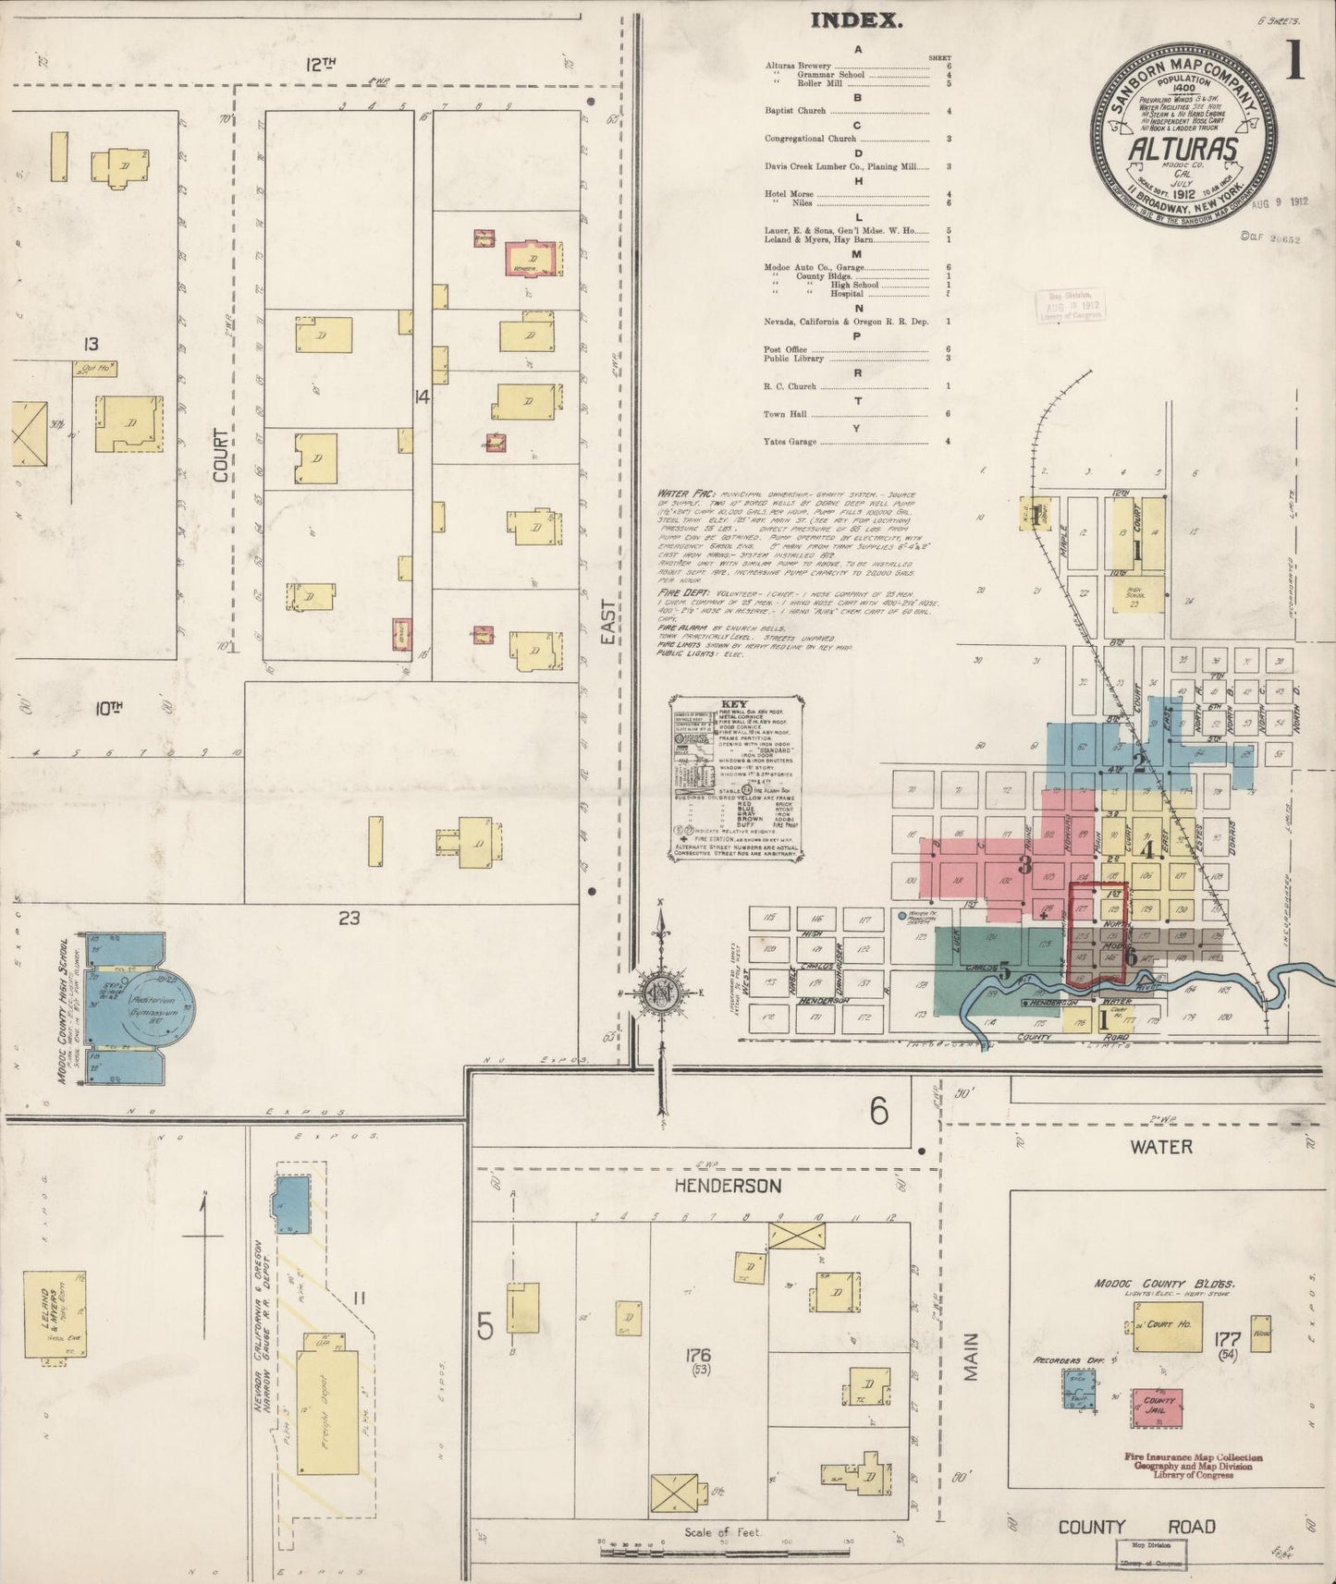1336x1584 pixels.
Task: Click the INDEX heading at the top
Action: (x=857, y=20)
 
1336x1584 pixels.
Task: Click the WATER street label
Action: (x=1161, y=1147)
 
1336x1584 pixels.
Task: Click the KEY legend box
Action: (x=736, y=780)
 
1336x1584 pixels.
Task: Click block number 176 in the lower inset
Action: (x=698, y=1356)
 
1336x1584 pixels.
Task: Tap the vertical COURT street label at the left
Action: (x=221, y=454)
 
